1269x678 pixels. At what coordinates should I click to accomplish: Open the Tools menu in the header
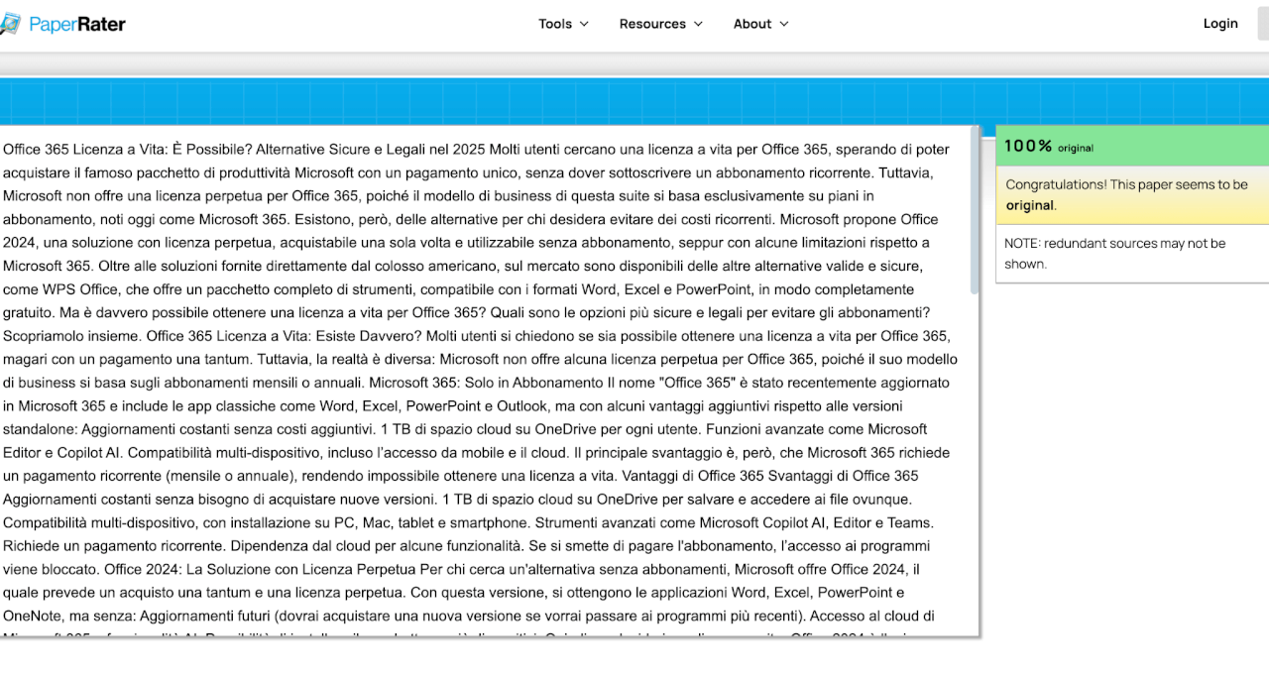(563, 24)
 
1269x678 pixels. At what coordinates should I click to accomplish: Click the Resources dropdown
(660, 24)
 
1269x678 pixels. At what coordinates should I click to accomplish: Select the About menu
(760, 24)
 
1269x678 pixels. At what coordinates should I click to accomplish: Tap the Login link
(1220, 24)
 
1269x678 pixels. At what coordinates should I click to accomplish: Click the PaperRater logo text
(77, 24)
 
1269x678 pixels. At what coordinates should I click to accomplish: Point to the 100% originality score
(1028, 146)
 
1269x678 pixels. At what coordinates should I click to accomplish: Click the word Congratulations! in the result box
(1055, 184)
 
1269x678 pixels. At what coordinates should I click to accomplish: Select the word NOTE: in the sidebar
(1021, 243)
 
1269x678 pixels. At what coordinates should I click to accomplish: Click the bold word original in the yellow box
(1030, 205)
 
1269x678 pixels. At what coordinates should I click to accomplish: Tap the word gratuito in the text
(28, 312)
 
